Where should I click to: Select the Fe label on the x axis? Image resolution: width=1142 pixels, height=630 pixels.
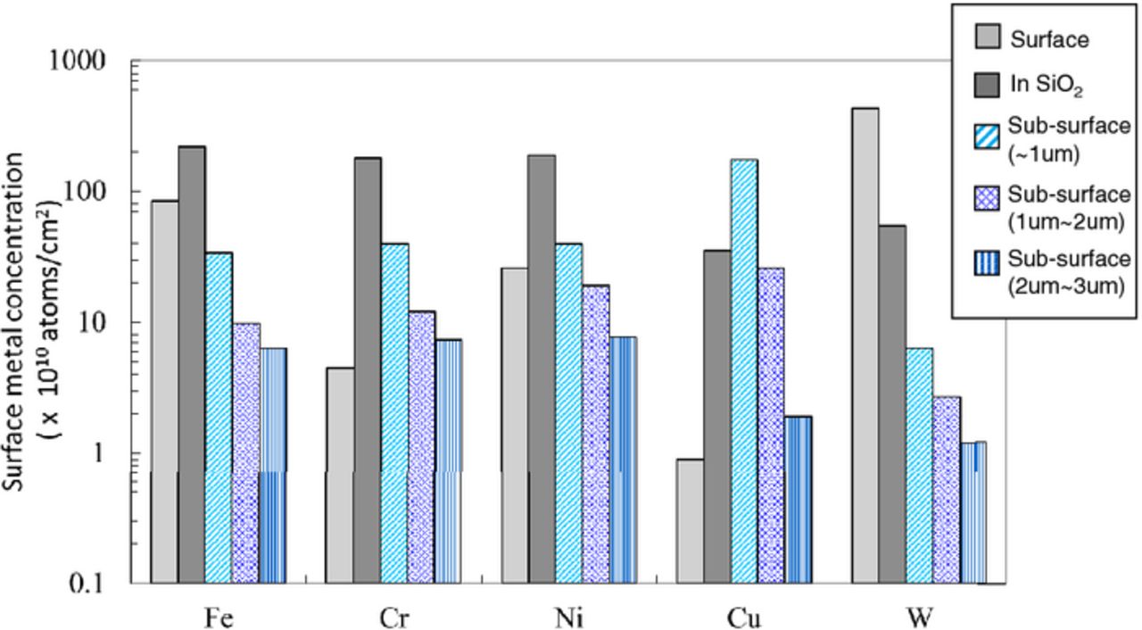pos(218,618)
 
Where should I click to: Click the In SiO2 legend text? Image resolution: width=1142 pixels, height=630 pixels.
pos(1047,86)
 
